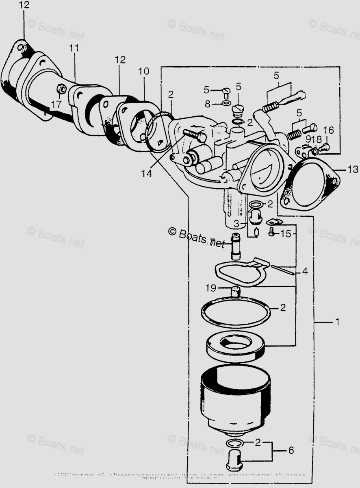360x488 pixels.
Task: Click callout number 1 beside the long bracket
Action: (x=336, y=322)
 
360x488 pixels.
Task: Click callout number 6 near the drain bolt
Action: (x=291, y=450)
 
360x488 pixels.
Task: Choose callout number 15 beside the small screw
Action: (x=286, y=233)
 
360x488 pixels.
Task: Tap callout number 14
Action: (x=147, y=174)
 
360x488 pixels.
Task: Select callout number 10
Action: (x=144, y=72)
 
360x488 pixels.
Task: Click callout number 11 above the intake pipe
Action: (x=73, y=48)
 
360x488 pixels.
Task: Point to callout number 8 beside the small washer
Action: (x=208, y=104)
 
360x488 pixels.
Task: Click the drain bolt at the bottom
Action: (x=234, y=458)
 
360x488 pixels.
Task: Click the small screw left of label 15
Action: (x=272, y=233)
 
